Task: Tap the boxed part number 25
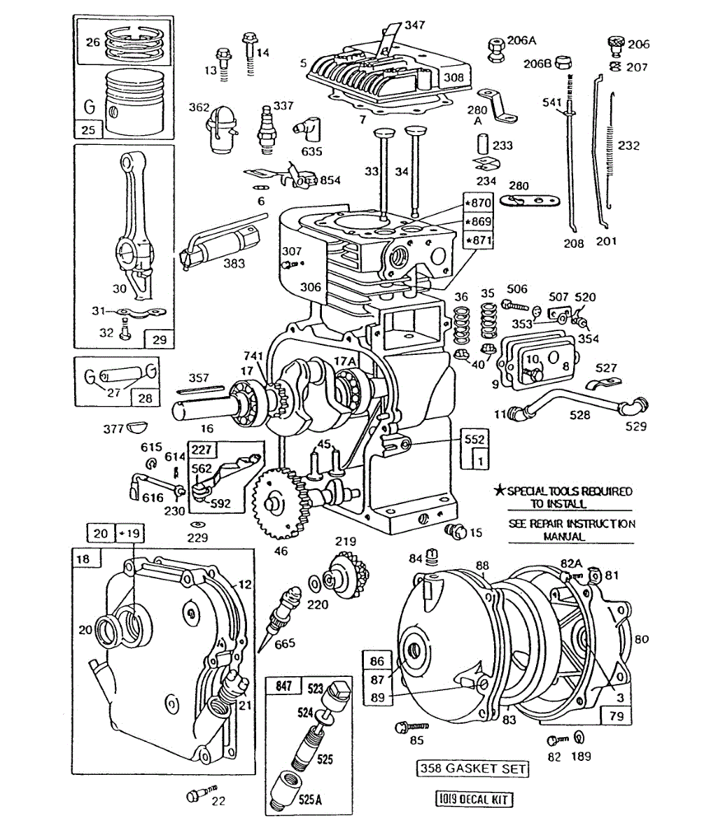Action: [89, 129]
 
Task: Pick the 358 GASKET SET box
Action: [472, 768]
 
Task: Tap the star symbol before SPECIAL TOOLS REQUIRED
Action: [500, 491]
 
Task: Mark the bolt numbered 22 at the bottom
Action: [195, 795]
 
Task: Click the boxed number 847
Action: [283, 686]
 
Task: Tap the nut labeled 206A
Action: [495, 48]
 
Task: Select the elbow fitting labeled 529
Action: [636, 405]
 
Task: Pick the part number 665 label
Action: [285, 643]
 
